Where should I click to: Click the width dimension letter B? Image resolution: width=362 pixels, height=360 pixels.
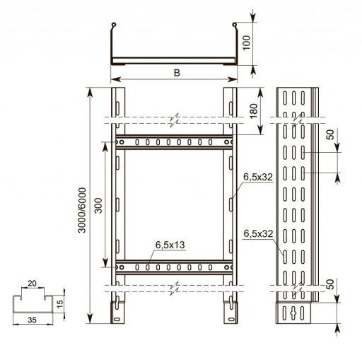click(x=177, y=73)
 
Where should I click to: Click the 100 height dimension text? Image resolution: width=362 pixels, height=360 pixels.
click(x=247, y=42)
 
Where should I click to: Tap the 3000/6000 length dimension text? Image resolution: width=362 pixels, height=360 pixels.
click(x=82, y=210)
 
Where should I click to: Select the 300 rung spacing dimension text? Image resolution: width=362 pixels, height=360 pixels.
click(x=98, y=206)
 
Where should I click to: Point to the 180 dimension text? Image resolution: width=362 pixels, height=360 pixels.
click(x=254, y=111)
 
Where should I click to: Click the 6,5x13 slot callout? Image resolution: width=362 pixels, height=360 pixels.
click(x=170, y=245)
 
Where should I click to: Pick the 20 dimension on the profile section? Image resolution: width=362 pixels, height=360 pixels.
click(x=32, y=283)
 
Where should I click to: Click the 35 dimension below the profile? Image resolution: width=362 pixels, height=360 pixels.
click(x=33, y=320)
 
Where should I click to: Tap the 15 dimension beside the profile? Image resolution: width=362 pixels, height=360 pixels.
click(x=60, y=303)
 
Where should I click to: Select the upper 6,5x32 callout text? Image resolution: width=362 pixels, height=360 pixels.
click(x=258, y=177)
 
